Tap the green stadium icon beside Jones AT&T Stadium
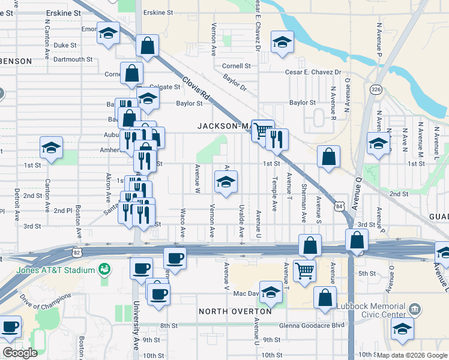(104, 270)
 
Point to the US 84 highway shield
(341, 206)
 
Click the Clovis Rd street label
(196, 89)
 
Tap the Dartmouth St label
(73, 59)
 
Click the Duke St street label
(65, 45)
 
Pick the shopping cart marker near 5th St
(305, 271)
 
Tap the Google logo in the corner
(19, 353)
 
